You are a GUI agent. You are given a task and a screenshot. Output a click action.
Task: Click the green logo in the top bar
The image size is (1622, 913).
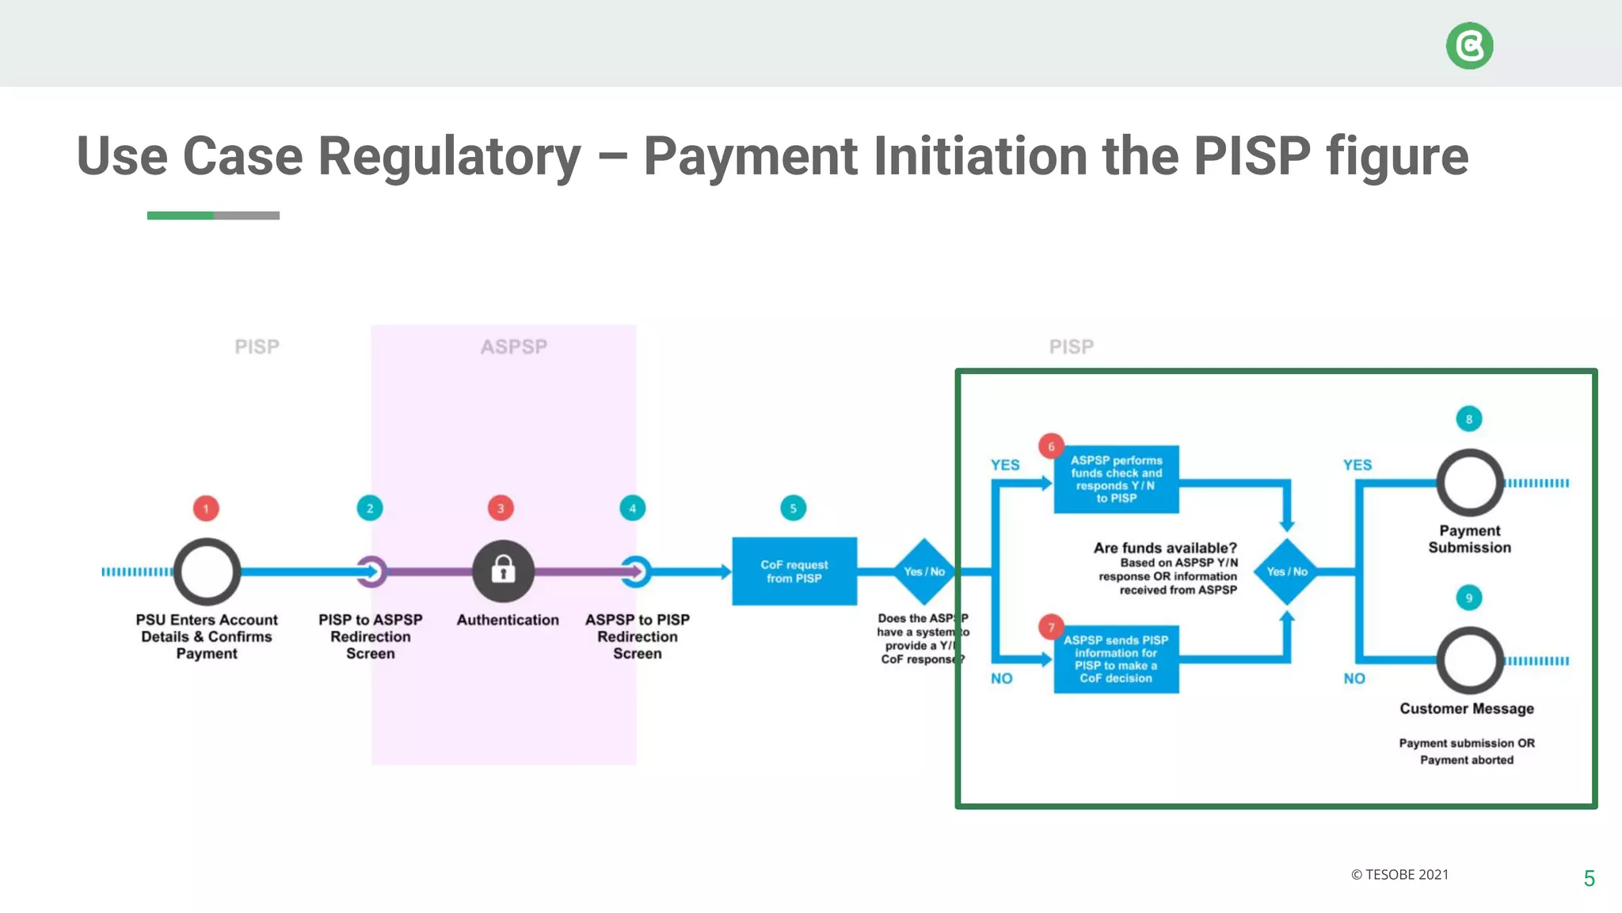(x=1469, y=46)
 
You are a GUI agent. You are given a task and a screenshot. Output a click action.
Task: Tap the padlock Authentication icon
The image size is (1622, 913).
(x=503, y=571)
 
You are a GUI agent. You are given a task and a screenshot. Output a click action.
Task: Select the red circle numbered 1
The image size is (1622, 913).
(x=206, y=508)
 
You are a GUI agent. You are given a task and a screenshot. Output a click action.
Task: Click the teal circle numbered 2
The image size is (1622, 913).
(x=370, y=508)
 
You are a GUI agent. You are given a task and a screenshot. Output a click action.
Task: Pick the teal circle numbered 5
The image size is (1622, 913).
(x=793, y=508)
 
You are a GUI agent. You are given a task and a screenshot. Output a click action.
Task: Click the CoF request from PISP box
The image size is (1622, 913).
(x=794, y=571)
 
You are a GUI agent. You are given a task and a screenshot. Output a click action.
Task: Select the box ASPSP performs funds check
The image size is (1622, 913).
(x=1116, y=479)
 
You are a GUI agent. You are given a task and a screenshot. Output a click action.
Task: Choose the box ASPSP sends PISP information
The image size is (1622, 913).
(x=1116, y=659)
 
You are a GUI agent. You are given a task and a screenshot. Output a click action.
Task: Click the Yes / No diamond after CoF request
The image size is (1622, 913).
(x=923, y=571)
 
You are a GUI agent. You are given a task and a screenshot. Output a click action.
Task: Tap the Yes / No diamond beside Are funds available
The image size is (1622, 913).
(x=1286, y=571)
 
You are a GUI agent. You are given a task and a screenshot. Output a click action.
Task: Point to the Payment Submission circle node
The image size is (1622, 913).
(x=1469, y=483)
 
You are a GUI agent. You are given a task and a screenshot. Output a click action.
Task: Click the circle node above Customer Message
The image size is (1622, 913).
(x=1469, y=660)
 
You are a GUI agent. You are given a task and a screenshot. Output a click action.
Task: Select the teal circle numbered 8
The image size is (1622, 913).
(x=1468, y=419)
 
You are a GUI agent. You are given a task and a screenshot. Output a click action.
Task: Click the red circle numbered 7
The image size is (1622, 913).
(x=1051, y=627)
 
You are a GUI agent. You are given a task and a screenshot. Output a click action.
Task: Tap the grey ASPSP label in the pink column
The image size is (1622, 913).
(x=513, y=347)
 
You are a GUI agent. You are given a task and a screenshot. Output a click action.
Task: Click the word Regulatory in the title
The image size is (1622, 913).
(x=449, y=156)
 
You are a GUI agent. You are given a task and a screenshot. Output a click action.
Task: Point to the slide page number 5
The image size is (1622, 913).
(x=1589, y=878)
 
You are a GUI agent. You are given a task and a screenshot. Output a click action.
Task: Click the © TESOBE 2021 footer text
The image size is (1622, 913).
(x=1399, y=875)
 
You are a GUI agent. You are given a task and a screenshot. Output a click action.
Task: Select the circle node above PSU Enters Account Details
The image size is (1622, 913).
(x=207, y=571)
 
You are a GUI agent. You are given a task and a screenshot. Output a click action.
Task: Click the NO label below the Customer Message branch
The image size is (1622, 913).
(x=1354, y=678)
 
